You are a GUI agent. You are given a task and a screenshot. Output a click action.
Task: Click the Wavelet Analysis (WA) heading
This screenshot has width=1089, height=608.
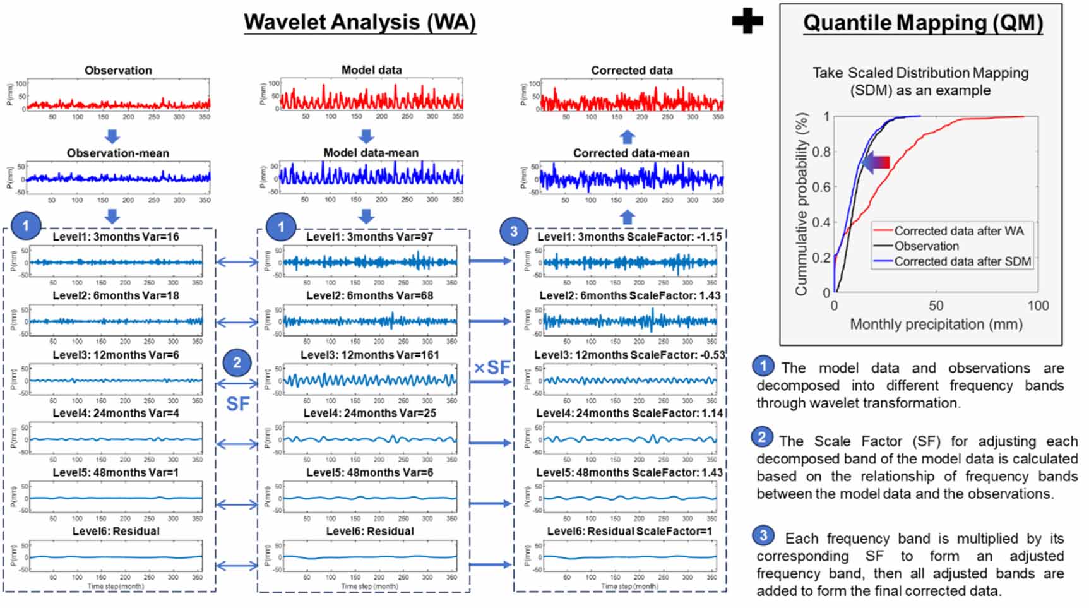point(360,22)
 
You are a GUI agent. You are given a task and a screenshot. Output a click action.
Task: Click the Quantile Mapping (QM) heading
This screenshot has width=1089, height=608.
point(922,23)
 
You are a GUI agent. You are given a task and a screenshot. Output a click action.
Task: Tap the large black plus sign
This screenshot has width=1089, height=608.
point(747,22)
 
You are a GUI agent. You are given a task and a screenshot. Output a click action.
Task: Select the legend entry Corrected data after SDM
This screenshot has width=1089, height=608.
point(962,261)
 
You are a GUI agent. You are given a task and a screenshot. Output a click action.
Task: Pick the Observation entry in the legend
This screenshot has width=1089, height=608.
point(926,246)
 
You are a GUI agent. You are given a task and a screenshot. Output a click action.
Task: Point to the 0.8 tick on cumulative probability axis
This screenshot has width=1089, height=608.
point(821,152)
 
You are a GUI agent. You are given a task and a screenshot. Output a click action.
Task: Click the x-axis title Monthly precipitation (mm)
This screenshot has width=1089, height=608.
point(936,325)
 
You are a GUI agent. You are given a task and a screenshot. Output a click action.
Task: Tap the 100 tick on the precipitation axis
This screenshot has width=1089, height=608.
point(1038,306)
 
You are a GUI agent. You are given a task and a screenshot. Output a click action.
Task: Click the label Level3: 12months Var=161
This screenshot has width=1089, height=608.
point(369,355)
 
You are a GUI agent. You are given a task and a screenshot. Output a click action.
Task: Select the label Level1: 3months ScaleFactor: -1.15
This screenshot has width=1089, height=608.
point(629,237)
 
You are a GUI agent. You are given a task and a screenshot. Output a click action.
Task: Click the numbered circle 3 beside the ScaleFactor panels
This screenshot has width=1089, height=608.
point(513,232)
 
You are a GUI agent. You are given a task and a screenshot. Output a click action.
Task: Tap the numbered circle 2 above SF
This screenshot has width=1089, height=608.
point(237,363)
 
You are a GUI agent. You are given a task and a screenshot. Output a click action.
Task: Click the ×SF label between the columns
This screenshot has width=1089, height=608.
point(492,367)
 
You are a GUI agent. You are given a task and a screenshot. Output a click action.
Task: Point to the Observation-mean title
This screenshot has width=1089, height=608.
point(118,153)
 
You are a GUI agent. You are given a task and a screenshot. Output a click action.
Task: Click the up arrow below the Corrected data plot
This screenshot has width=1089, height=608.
point(627,136)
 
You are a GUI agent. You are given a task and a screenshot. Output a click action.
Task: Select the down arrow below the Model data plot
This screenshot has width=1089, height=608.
point(366,136)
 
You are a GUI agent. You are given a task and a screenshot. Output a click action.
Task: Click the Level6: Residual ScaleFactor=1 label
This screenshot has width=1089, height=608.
point(629,532)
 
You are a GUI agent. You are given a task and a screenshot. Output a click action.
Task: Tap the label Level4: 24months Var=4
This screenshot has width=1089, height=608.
point(116,414)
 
